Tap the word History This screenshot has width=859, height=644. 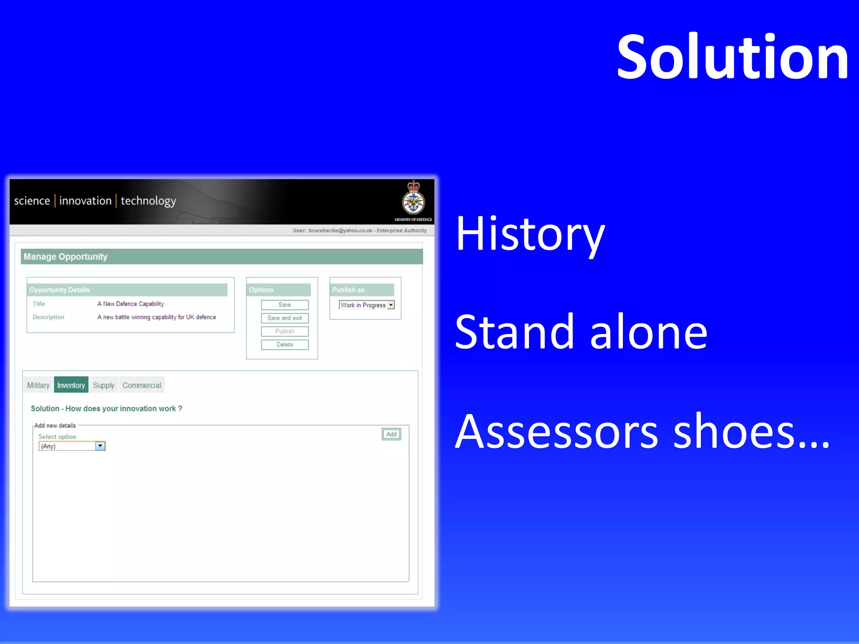(x=530, y=234)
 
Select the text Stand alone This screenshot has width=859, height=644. (x=581, y=332)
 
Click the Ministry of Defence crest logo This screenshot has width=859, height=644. (x=413, y=200)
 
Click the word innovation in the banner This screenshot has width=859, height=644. (x=85, y=201)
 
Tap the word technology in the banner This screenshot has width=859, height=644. (x=148, y=201)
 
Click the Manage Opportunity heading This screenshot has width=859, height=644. (x=65, y=256)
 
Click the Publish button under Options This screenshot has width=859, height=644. (x=285, y=331)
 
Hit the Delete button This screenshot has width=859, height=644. (x=285, y=345)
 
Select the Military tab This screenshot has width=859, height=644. (x=38, y=385)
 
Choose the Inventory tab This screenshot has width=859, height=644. (x=71, y=385)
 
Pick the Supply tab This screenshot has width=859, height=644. (x=104, y=385)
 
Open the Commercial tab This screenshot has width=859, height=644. (x=142, y=385)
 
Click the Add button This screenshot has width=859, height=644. (x=391, y=434)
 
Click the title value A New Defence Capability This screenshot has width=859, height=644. (x=130, y=304)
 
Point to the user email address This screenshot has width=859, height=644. (x=340, y=230)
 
